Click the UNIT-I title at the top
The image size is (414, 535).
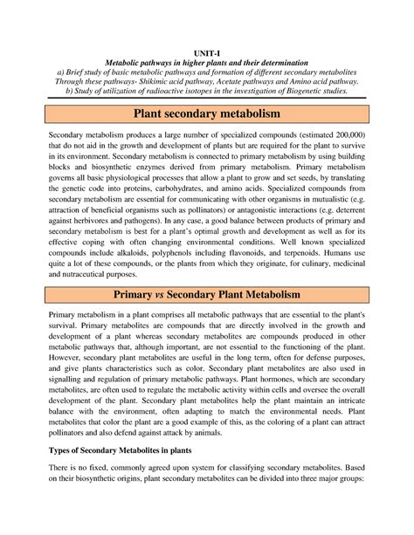pos(207,53)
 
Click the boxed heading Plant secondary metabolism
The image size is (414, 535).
pos(207,115)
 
